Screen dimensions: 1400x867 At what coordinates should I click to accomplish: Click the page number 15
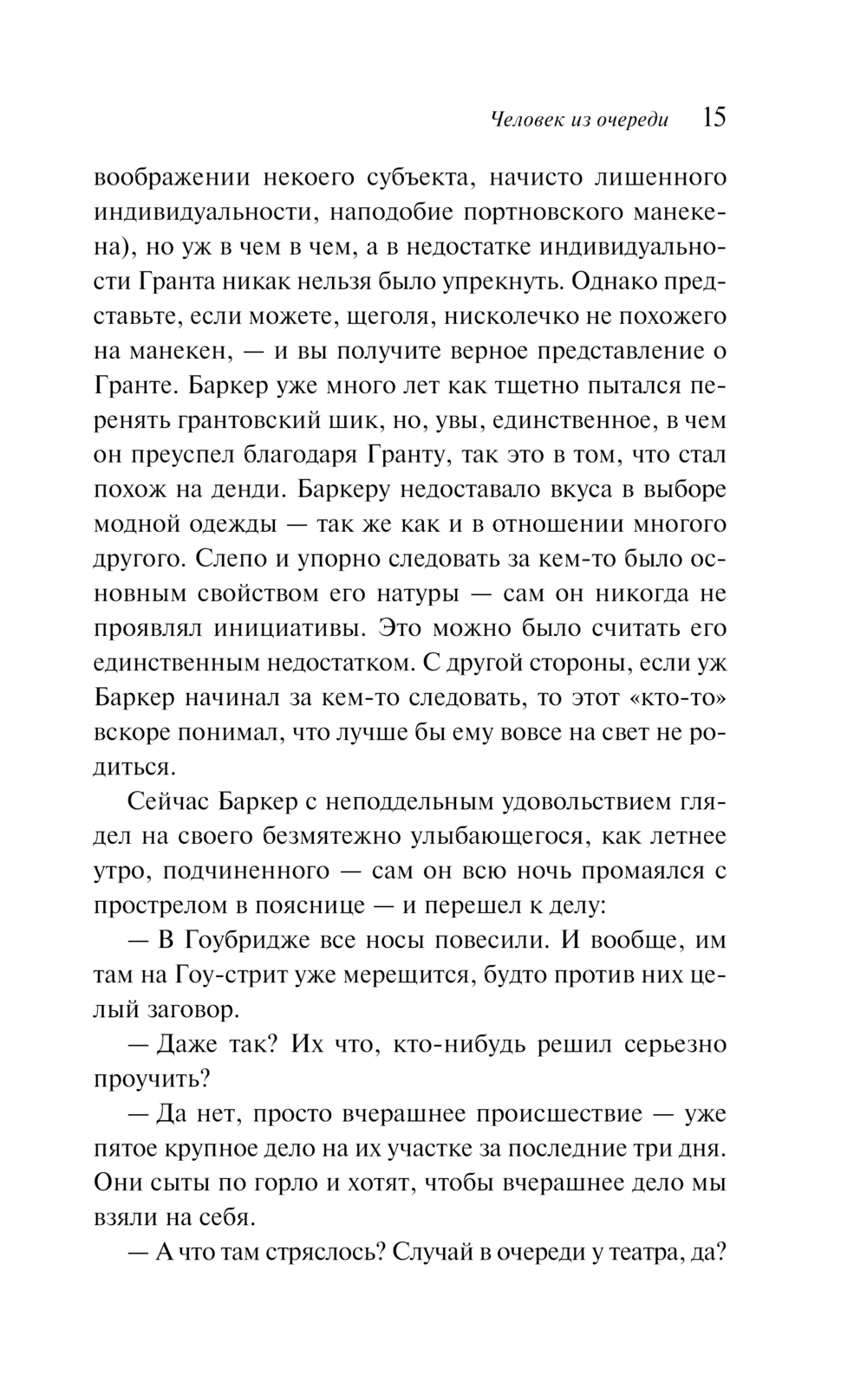click(714, 119)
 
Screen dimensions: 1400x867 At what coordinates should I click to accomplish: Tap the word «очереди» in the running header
click(633, 120)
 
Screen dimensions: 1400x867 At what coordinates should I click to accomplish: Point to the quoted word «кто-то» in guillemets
click(681, 697)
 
